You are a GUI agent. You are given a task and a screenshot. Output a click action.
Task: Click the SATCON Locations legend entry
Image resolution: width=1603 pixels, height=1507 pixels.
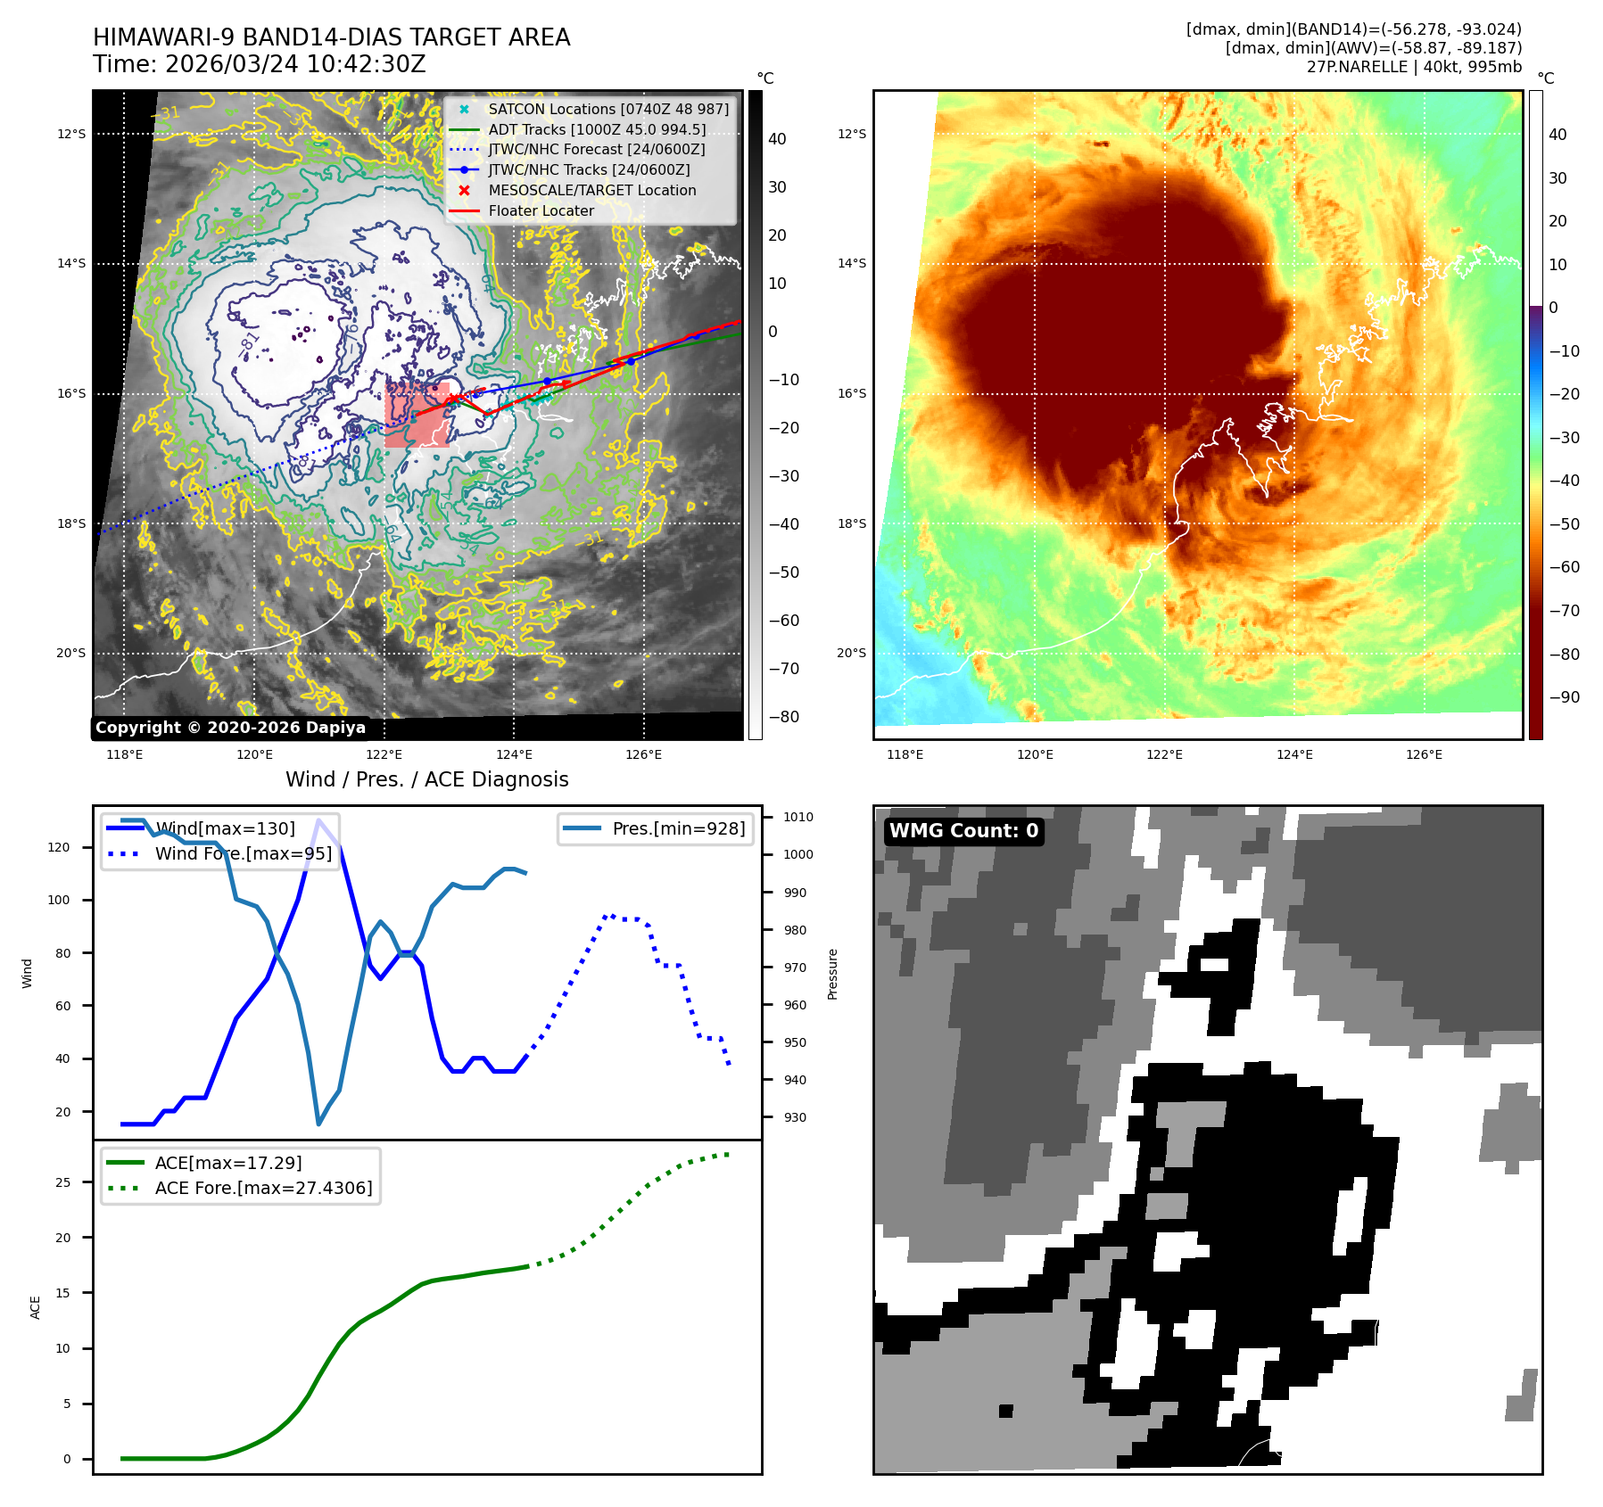(607, 109)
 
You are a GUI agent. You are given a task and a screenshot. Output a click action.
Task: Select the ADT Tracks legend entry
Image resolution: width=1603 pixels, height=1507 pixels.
(596, 129)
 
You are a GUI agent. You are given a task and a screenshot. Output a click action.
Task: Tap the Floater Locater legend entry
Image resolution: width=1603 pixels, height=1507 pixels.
(541, 210)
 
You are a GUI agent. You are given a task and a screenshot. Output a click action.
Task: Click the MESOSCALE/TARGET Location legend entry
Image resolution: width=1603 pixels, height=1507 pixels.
(591, 190)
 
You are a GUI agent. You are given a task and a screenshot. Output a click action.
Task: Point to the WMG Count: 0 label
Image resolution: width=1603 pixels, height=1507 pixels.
(963, 831)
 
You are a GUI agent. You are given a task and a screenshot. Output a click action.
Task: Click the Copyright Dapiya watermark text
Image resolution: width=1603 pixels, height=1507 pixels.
(230, 728)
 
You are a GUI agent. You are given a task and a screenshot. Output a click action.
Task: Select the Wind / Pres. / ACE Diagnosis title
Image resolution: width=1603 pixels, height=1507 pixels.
(426, 779)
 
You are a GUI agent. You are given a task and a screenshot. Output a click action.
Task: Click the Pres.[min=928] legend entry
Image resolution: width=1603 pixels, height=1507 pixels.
(678, 828)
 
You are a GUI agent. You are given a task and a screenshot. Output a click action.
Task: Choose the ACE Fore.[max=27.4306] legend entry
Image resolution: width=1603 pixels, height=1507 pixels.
(263, 1188)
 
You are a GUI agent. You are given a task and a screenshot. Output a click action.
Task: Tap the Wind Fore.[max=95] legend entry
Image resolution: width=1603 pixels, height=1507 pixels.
(243, 853)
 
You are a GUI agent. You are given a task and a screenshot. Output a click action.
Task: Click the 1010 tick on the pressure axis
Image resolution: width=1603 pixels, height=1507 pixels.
(797, 817)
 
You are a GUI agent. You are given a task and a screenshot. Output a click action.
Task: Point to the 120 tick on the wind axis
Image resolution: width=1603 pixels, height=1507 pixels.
(59, 847)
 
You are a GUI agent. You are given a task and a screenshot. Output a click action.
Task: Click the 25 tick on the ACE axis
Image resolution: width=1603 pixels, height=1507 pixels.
(62, 1182)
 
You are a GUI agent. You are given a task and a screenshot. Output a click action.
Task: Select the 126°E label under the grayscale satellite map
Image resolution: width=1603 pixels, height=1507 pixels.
(643, 754)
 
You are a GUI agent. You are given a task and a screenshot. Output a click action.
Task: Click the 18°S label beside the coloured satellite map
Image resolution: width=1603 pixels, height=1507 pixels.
(851, 523)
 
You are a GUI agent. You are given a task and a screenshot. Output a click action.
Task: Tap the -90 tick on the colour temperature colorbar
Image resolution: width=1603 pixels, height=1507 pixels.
(1564, 697)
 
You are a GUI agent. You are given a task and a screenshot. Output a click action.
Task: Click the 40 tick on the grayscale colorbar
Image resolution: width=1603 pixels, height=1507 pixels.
(777, 139)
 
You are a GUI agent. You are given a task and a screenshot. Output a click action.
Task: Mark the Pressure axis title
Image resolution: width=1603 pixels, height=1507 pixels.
(832, 974)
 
